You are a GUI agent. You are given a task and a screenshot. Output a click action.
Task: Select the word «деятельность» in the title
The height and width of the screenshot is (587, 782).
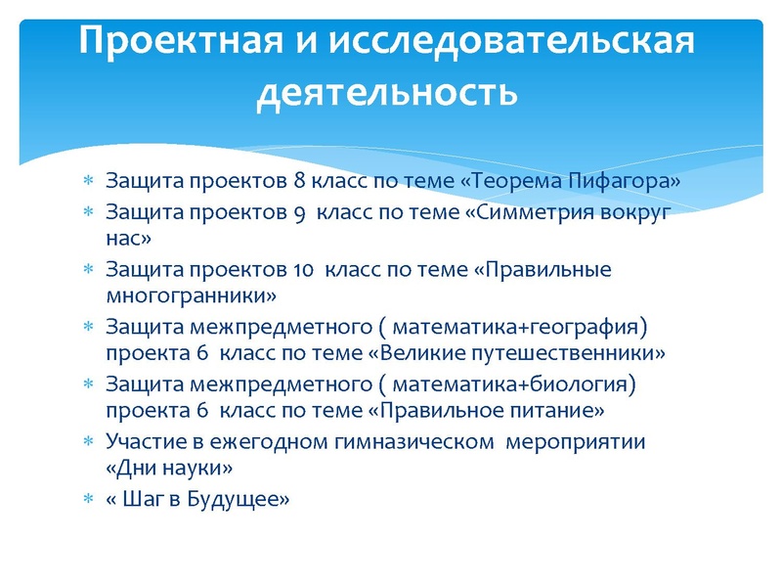pos(386,95)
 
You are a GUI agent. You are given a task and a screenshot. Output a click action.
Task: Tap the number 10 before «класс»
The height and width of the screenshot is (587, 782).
pos(302,270)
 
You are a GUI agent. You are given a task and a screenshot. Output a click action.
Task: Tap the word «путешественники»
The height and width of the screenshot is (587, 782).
pos(583,351)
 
